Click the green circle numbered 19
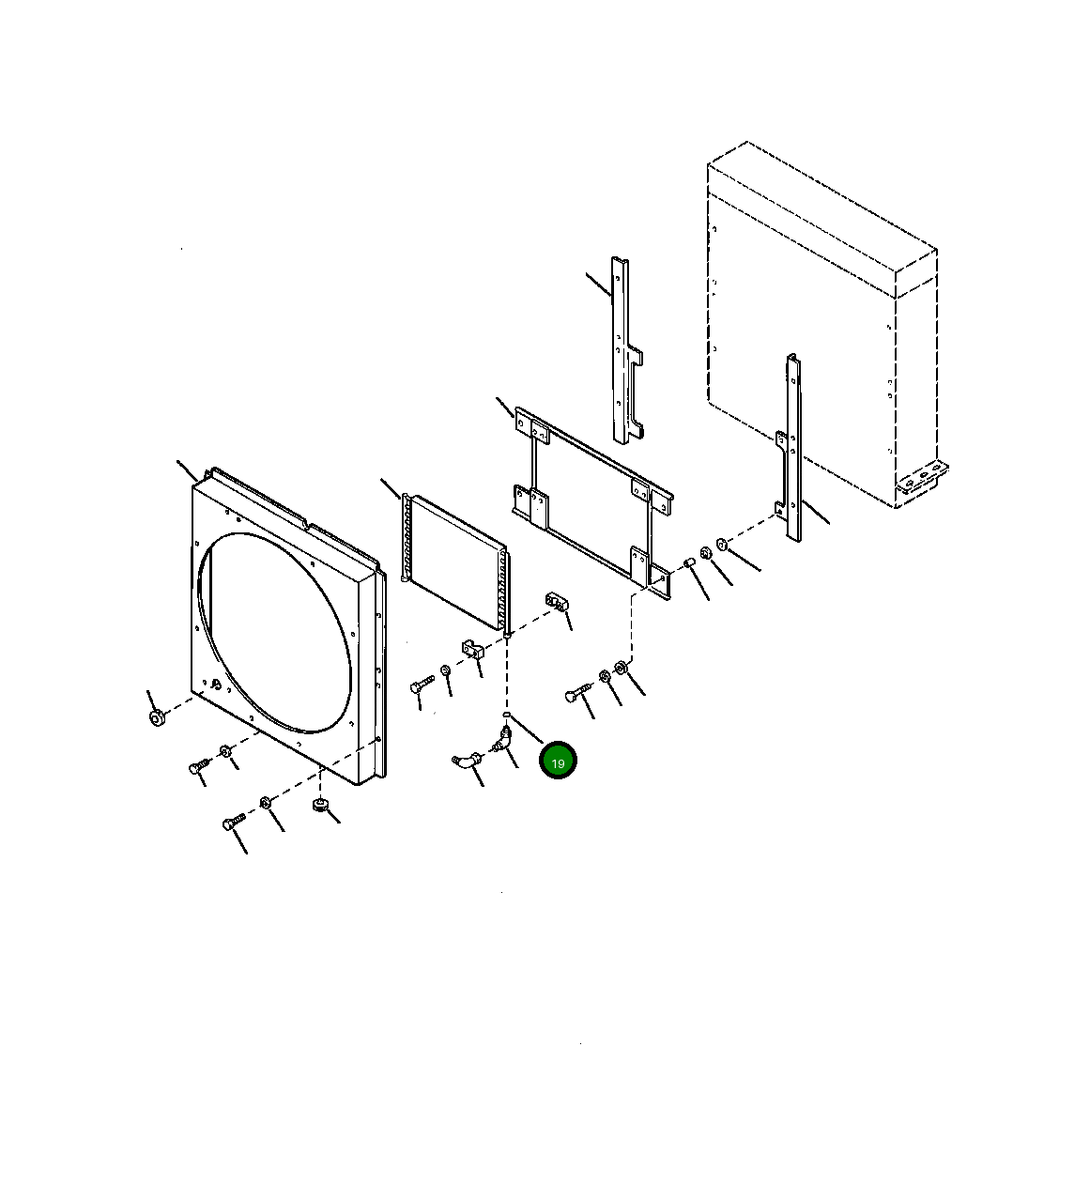pos(558,762)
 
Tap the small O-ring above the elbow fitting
pos(506,715)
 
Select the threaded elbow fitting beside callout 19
pos(502,742)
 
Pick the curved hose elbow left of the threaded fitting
pos(465,761)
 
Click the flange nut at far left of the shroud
pos(157,717)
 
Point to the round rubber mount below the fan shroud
pos(319,805)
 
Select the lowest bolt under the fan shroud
pos(232,823)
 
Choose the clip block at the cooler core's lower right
pos(557,601)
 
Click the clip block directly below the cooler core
pos(470,648)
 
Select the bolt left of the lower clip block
pos(420,686)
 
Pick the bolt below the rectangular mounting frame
pos(576,694)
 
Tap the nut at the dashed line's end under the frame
pos(621,668)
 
